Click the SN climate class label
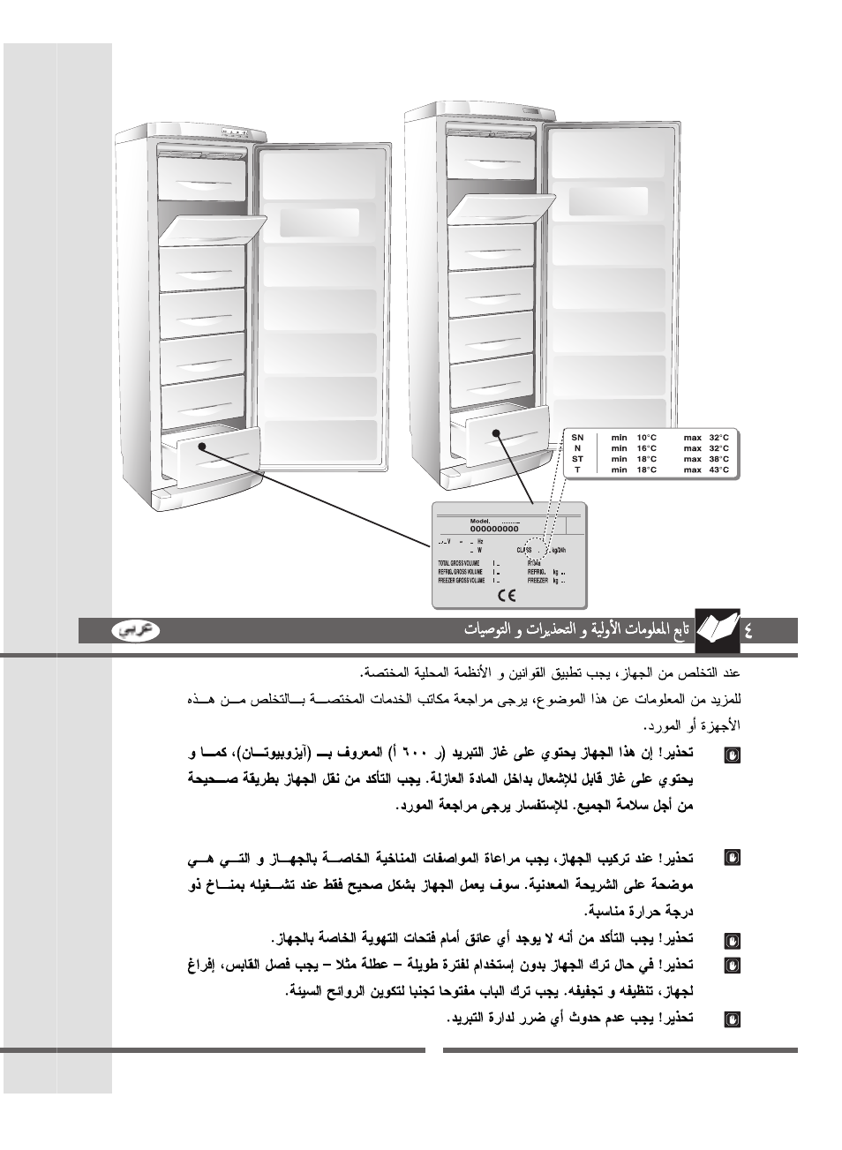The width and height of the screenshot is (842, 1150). pyautogui.click(x=577, y=438)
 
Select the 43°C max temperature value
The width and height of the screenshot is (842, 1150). pyautogui.click(x=719, y=470)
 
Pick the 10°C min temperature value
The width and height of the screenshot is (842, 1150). pyautogui.click(x=647, y=438)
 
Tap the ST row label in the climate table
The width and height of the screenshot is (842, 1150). pyautogui.click(x=577, y=459)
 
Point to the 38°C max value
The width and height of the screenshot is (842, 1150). pyautogui.click(x=719, y=459)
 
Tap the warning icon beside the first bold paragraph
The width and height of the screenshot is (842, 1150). pyautogui.click(x=731, y=755)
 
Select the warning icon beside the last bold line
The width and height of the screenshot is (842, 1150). pyautogui.click(x=731, y=1019)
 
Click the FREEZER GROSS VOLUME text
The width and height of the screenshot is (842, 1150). pyautogui.click(x=461, y=581)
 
